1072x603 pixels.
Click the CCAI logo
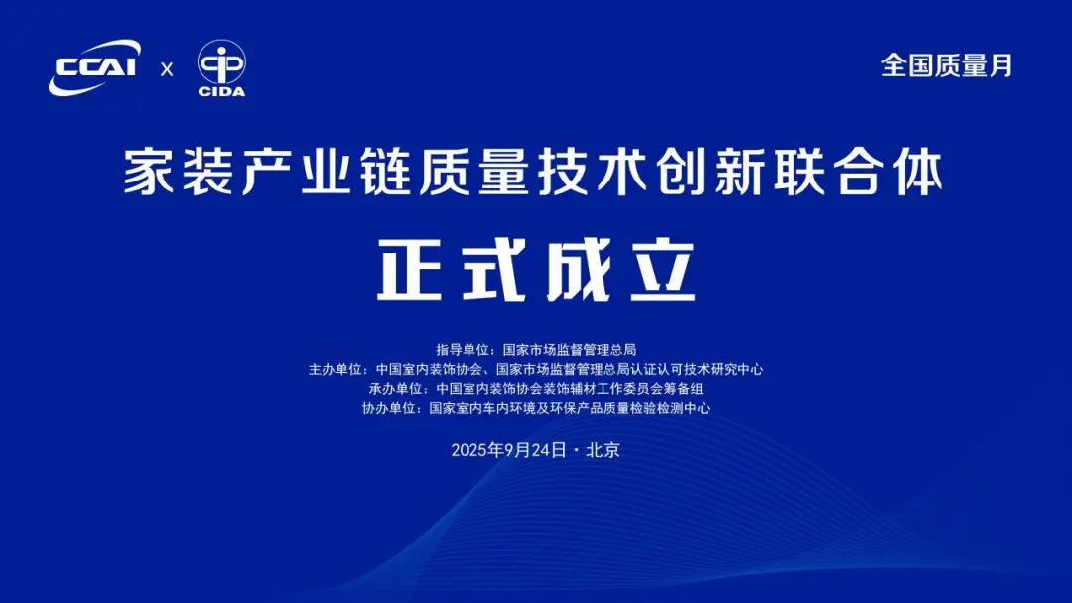coord(94,66)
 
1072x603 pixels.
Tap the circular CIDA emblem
coord(221,62)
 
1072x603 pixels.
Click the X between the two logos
coord(167,69)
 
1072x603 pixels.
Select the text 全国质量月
coord(947,65)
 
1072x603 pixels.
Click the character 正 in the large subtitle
coord(410,270)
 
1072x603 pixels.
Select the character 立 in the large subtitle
coord(662,270)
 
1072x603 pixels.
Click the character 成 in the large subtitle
coord(579,270)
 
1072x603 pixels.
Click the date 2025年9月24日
coord(508,450)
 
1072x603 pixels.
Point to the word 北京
coord(603,450)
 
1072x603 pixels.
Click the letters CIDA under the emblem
coord(221,91)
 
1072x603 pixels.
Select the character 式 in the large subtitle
coord(493,270)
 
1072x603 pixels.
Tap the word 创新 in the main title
coord(740,173)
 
